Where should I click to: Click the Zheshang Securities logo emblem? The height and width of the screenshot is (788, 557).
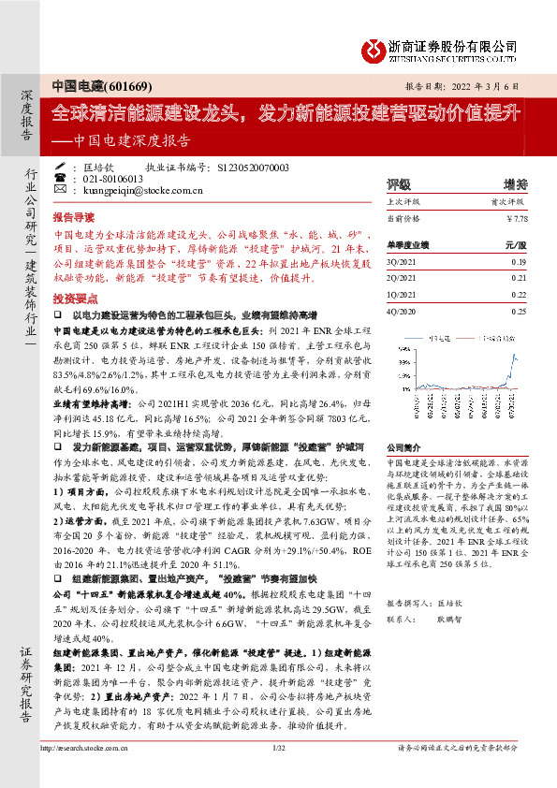(374, 47)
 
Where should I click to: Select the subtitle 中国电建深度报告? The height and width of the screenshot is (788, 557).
(134, 142)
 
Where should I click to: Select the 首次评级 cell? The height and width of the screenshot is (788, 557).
(509, 200)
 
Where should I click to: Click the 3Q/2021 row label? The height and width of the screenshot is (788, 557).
(402, 263)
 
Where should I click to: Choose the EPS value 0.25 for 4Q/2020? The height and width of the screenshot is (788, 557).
(519, 311)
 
